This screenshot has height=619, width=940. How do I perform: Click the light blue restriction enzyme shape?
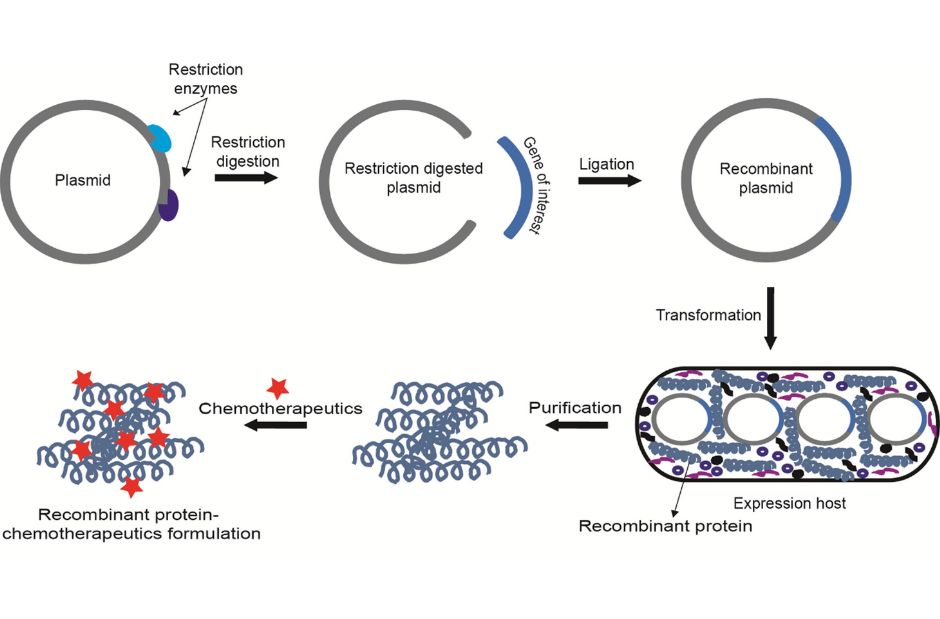[x=161, y=140]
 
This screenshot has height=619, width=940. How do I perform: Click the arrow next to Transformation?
[x=770, y=317]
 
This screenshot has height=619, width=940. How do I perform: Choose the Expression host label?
[x=789, y=503]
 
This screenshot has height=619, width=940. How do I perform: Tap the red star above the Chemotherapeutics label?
[x=277, y=387]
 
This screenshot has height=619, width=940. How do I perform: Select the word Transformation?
[x=708, y=315]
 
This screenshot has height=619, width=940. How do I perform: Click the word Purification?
[x=575, y=408]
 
